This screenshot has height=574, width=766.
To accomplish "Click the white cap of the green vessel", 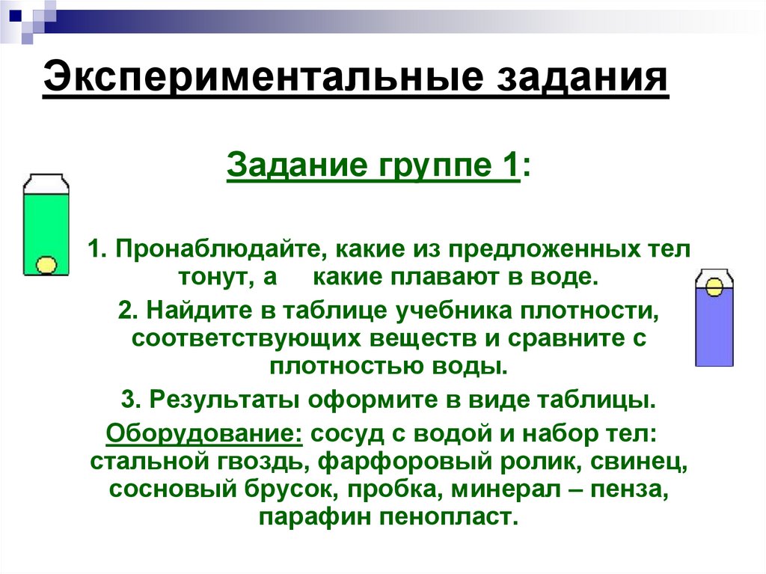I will coord(46,183).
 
